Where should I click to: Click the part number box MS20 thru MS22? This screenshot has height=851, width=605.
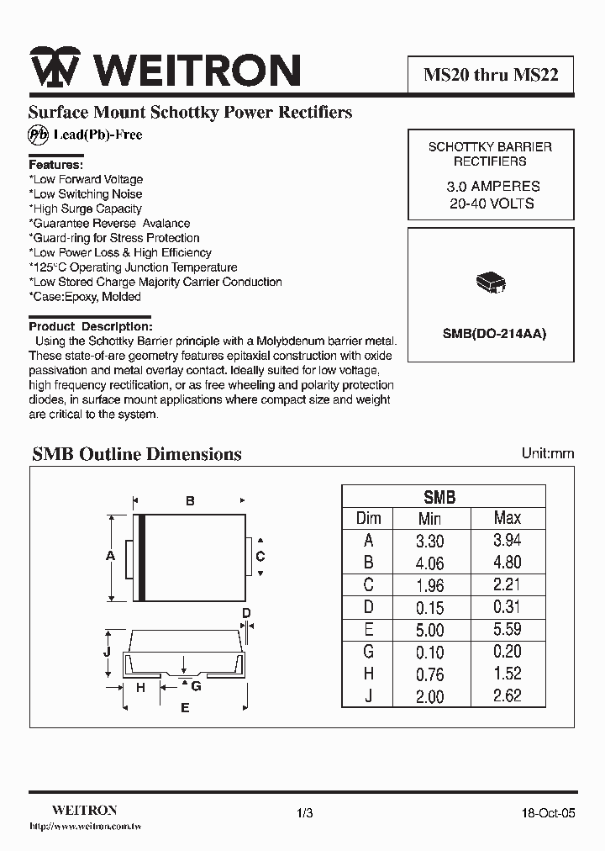tap(490, 75)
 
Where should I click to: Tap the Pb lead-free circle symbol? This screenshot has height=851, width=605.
tap(39, 135)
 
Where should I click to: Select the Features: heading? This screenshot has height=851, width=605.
tap(56, 165)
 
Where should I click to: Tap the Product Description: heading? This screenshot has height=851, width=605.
tap(91, 325)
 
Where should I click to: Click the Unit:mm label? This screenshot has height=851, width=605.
tap(548, 453)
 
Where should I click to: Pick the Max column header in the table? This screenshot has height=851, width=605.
tap(507, 518)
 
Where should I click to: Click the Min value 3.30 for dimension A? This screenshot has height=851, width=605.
tap(430, 542)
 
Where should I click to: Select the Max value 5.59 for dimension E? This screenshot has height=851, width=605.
tap(507, 628)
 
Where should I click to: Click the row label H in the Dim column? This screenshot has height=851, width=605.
tap(368, 674)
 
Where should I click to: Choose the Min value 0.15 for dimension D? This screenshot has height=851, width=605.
tap(430, 607)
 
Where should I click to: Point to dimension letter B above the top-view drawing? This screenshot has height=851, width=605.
tap(190, 501)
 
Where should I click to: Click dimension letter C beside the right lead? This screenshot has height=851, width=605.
tap(260, 556)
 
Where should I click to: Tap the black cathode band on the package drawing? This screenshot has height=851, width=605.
tap(142, 558)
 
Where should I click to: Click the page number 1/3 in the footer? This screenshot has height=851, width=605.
tap(304, 813)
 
